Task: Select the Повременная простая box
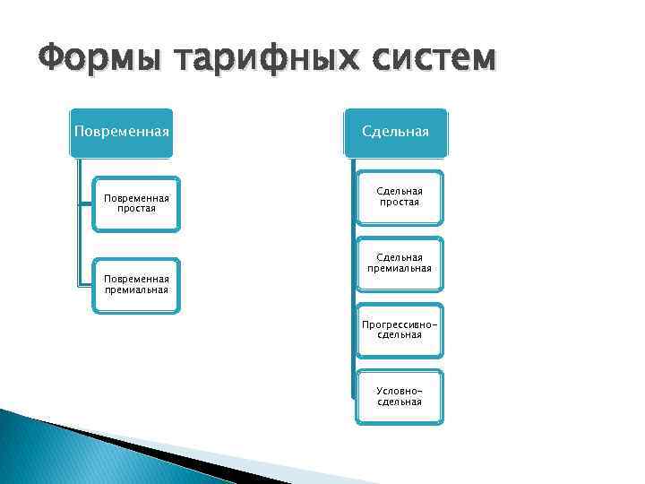[135, 203]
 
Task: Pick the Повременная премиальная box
[135, 284]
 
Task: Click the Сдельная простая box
[399, 197]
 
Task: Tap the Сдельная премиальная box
[399, 264]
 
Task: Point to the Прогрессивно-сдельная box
[399, 329]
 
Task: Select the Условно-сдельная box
[399, 396]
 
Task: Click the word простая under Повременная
[135, 209]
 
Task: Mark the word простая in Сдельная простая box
[399, 203]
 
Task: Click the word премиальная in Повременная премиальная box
[135, 290]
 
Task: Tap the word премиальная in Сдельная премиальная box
[399, 269]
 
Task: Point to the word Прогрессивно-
[399, 324]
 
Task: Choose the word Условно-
[399, 391]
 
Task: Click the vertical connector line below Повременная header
[80, 224]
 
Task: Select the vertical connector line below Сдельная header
[348, 287]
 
